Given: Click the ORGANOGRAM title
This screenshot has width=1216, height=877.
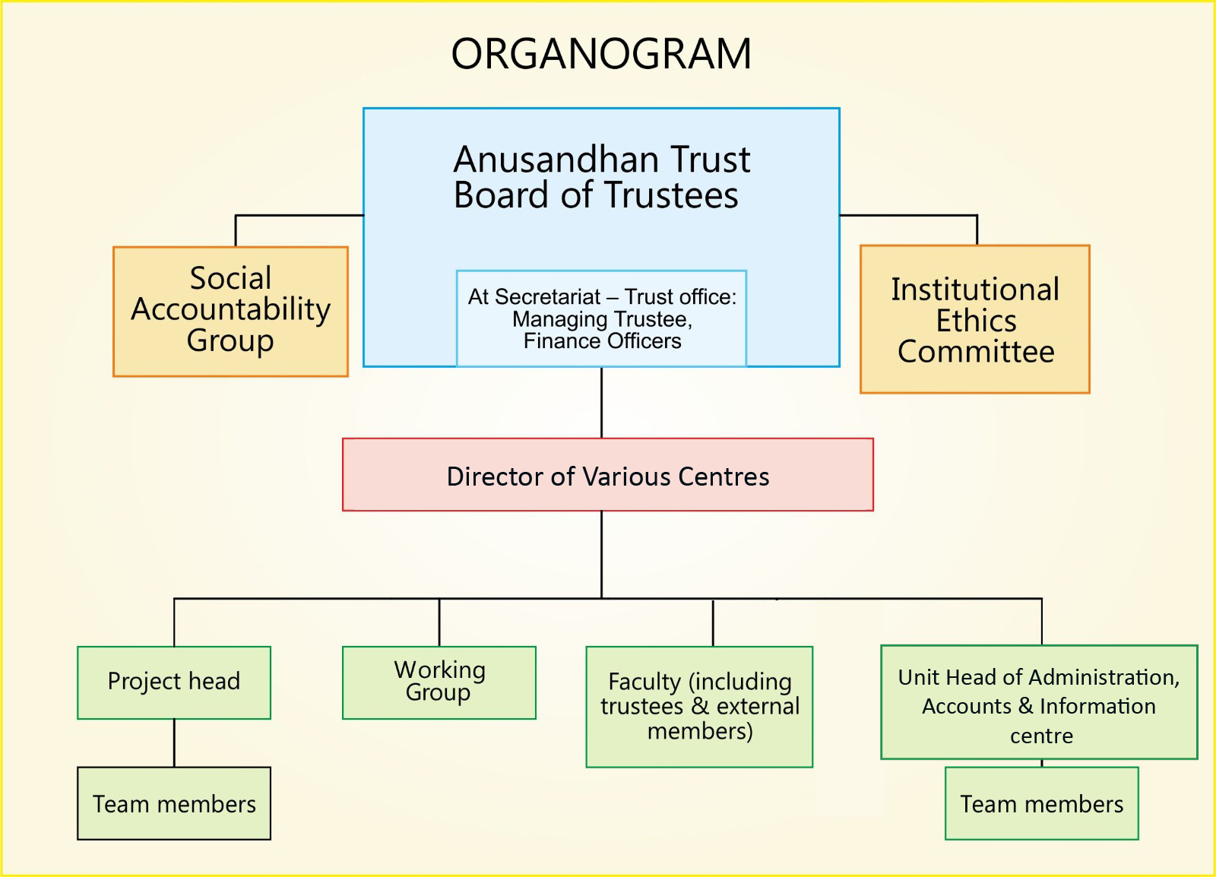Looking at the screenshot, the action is point(601,54).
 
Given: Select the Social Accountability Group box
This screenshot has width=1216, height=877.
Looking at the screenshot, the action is point(231,312).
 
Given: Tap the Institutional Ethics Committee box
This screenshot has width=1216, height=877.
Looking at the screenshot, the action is point(975,319).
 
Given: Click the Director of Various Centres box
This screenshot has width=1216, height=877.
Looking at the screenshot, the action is point(608,475).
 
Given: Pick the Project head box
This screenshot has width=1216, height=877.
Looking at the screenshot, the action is point(174,682).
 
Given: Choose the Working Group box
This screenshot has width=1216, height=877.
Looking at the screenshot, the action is point(439,682).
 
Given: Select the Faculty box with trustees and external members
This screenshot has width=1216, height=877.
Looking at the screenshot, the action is point(700,707).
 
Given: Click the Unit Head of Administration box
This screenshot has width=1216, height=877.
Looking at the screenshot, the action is point(1039,702).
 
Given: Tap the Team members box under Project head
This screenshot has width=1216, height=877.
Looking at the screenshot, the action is point(174,803).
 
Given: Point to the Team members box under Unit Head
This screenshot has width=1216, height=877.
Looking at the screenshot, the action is point(1042,803).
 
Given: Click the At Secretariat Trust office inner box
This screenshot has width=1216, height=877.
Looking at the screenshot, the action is point(601,318).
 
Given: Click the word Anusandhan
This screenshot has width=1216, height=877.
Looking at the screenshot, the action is point(555,160).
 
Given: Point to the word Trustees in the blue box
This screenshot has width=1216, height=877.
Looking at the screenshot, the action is point(672,195).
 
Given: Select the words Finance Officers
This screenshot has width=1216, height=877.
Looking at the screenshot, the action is point(602,341).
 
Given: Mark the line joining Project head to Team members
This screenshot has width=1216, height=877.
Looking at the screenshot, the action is point(174,743).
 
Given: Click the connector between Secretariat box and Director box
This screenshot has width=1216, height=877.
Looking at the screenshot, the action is point(601,403).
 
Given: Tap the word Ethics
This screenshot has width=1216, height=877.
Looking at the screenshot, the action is point(976,321).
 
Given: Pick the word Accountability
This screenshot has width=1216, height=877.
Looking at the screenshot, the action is point(231,310).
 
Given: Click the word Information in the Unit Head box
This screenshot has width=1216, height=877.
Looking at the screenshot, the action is point(1097,706).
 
